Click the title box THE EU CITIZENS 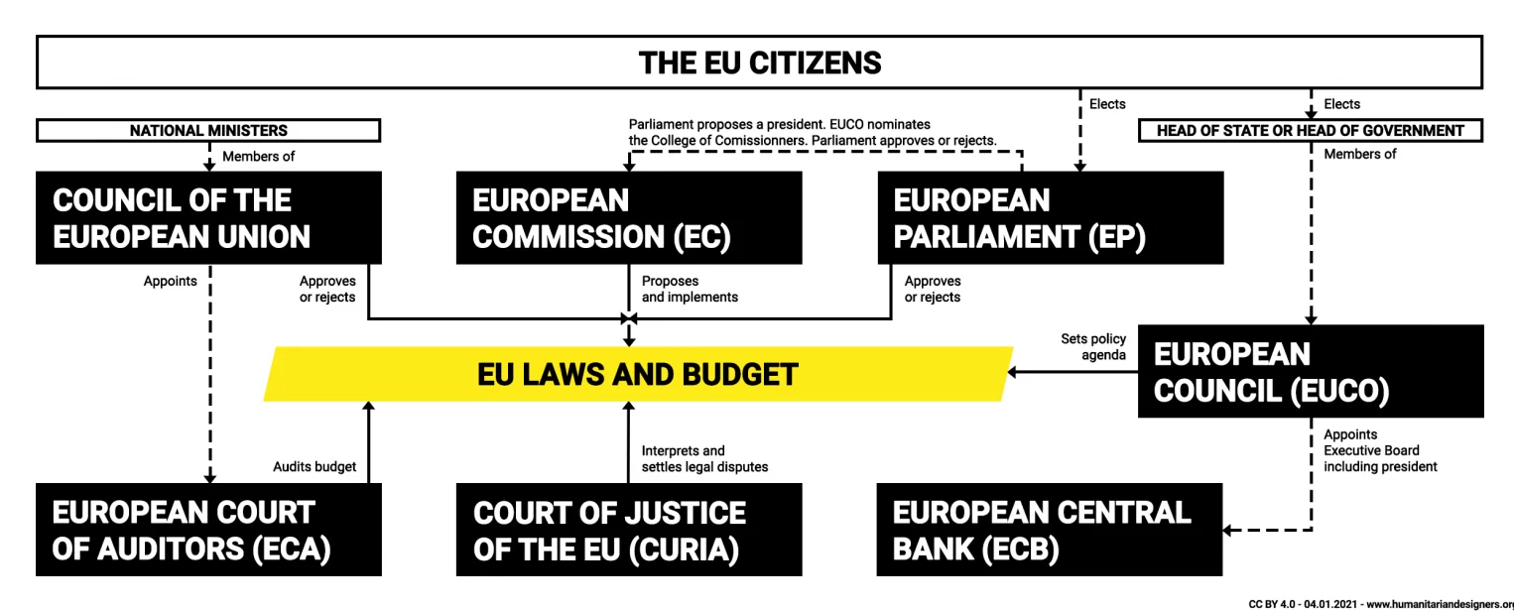(760, 62)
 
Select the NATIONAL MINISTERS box (208, 131)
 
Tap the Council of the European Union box (208, 217)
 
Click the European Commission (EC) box (629, 217)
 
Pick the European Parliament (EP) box (1051, 217)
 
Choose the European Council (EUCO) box (1311, 371)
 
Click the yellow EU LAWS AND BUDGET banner (638, 374)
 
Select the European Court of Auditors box (208, 530)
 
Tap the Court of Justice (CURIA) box (629, 530)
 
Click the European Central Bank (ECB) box (1050, 530)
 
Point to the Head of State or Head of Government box (1311, 131)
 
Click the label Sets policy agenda (1093, 347)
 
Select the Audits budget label (315, 466)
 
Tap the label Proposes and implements (690, 289)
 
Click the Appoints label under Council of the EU (170, 281)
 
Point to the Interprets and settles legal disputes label (704, 459)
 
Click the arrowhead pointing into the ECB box (1227, 530)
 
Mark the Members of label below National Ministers (258, 156)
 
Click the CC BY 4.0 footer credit (1380, 604)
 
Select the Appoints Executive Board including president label (1380, 451)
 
